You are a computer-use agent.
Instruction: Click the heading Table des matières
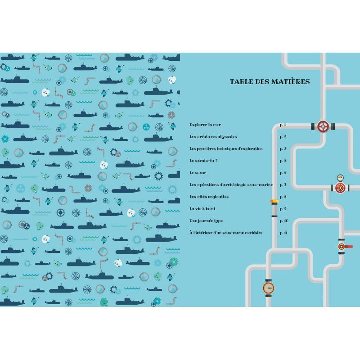click(270, 81)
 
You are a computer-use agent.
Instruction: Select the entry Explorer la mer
click(205, 125)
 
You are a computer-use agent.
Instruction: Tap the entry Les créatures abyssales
click(213, 137)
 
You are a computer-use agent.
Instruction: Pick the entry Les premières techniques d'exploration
click(226, 149)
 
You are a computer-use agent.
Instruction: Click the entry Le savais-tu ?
click(203, 161)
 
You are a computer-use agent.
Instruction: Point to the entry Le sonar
click(198, 173)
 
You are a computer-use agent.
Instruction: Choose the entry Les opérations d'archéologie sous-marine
click(231, 184)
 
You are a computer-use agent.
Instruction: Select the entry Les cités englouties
click(209, 197)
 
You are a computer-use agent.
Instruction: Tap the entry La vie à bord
click(202, 209)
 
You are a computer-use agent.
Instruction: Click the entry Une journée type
click(206, 221)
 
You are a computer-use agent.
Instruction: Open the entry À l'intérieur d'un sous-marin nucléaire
click(226, 233)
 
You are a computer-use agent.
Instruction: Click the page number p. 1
click(283, 125)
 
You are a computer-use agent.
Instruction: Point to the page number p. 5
click(283, 161)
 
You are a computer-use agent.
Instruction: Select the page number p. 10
click(284, 221)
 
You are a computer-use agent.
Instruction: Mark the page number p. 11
click(283, 233)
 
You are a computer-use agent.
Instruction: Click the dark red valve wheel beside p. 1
click(323, 126)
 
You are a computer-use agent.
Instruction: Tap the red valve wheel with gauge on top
click(340, 188)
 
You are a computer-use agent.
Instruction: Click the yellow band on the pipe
click(274, 201)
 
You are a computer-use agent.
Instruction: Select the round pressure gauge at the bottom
click(268, 288)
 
